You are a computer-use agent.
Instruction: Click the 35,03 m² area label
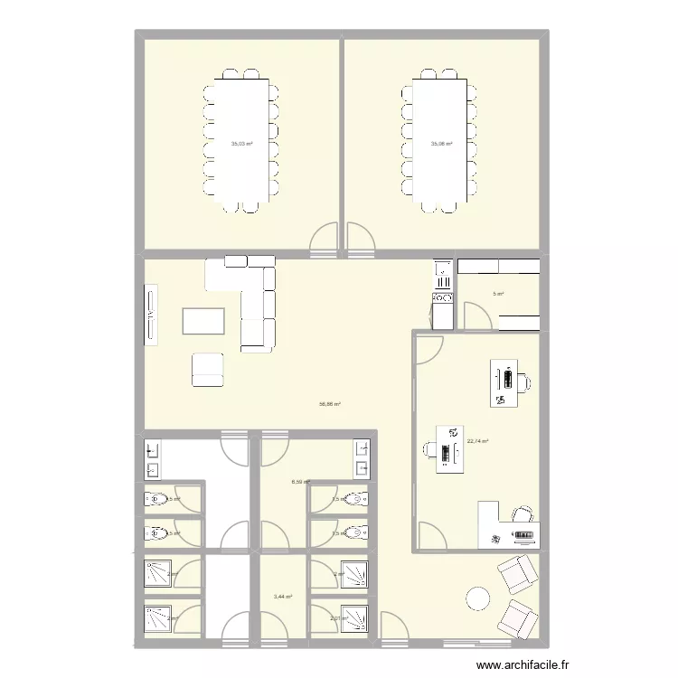click(241, 144)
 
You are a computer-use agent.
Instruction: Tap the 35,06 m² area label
click(441, 144)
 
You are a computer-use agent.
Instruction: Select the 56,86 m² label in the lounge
click(329, 404)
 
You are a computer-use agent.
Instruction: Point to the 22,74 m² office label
click(478, 441)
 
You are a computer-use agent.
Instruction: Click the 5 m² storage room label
click(498, 294)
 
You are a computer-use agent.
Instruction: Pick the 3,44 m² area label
click(283, 597)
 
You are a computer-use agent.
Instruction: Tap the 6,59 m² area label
click(300, 482)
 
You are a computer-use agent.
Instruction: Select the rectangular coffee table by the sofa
click(203, 322)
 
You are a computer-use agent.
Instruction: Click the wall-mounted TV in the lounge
click(151, 315)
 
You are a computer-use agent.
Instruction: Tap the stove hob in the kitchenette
click(443, 297)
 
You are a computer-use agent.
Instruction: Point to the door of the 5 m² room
click(476, 315)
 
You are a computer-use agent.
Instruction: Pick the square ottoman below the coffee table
click(208, 369)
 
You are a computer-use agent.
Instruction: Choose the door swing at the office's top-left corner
click(428, 349)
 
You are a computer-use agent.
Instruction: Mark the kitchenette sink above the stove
click(443, 269)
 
